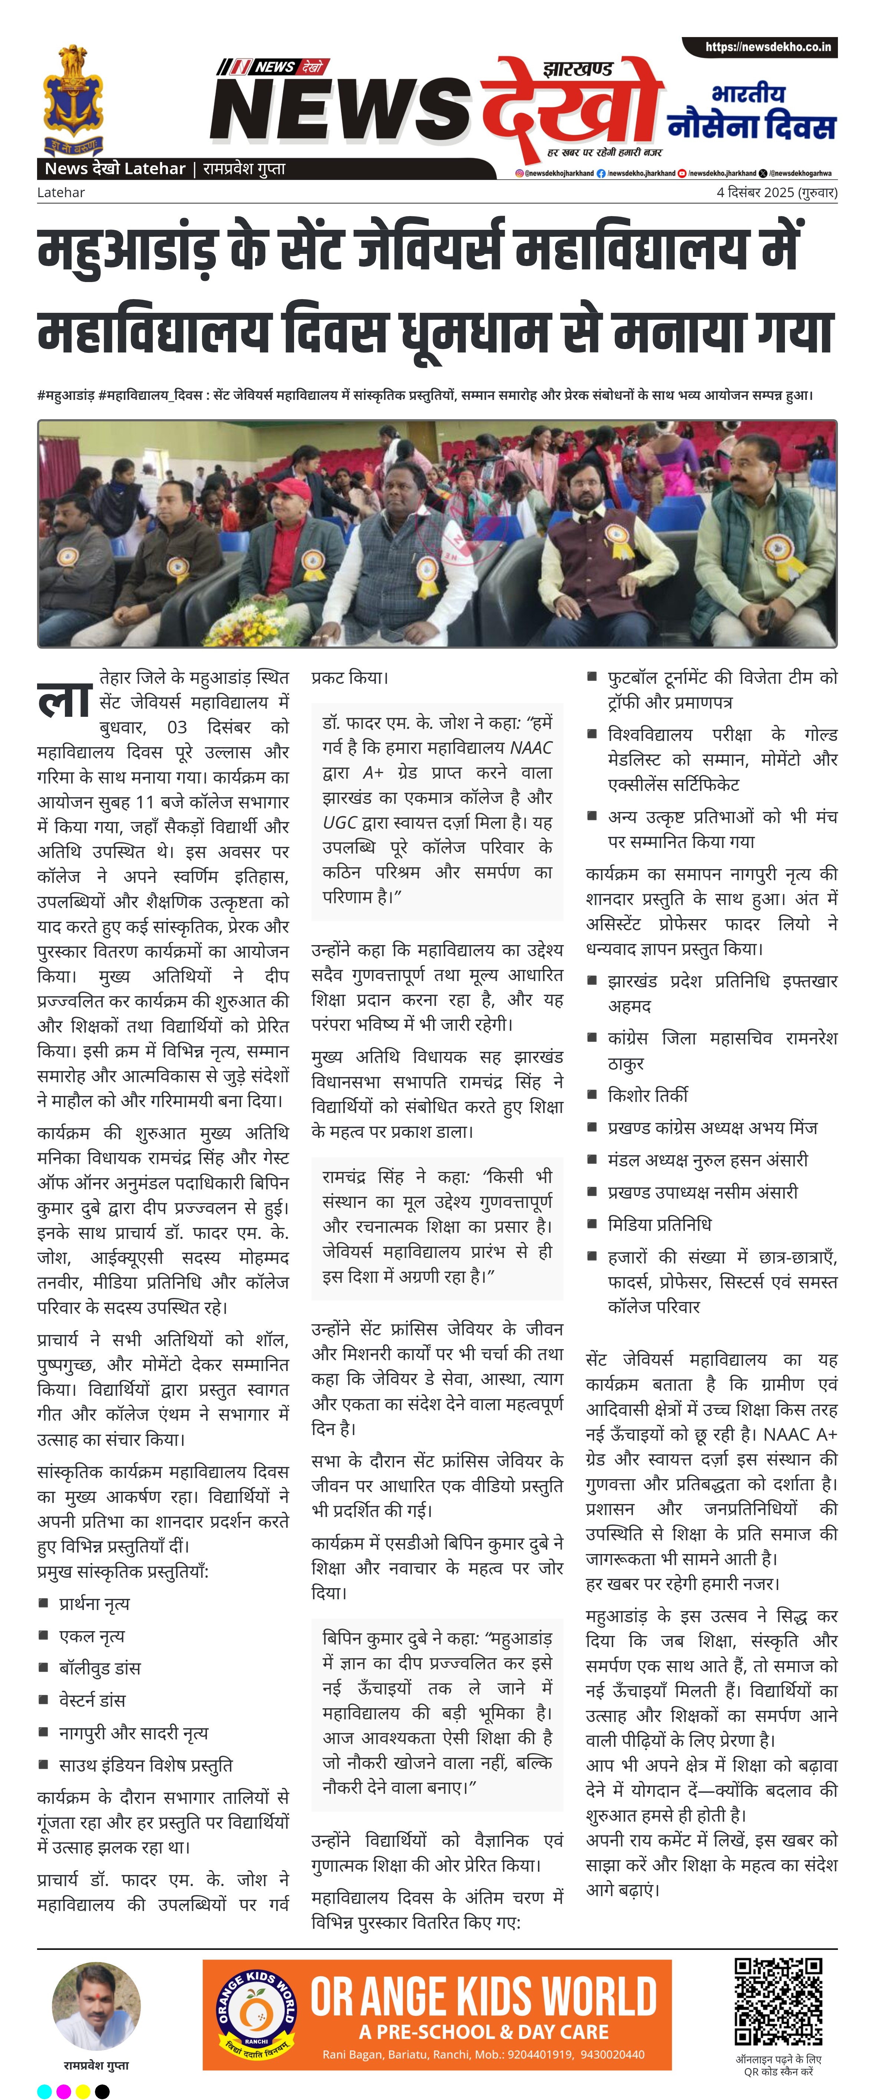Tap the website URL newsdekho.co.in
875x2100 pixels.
[767, 47]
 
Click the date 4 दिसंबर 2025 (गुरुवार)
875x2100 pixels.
[776, 192]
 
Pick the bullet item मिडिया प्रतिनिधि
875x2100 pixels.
[659, 1224]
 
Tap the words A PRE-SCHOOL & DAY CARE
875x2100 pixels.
[483, 2031]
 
